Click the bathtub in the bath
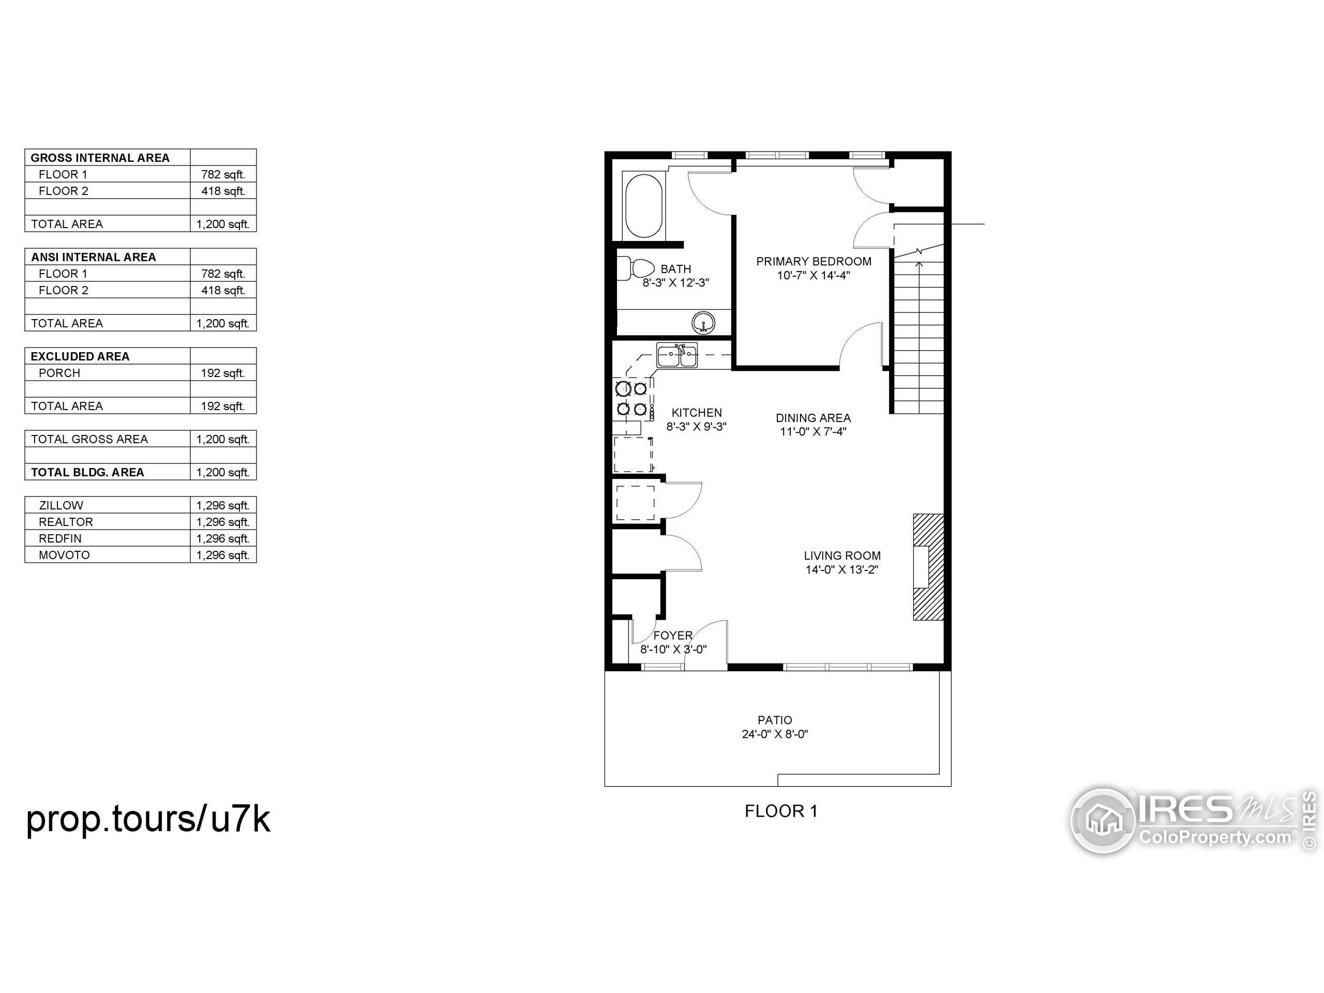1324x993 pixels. [643, 206]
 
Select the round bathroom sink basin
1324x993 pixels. [703, 323]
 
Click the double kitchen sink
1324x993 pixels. [677, 355]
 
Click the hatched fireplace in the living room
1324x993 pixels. [928, 567]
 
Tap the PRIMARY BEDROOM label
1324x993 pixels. [814, 262]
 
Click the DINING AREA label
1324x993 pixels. [813, 418]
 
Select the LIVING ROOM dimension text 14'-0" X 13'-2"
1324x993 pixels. [841, 570]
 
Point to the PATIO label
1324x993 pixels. [775, 720]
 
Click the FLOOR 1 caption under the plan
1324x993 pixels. [781, 811]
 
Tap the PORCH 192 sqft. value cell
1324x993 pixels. [223, 373]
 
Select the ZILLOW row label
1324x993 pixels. [61, 505]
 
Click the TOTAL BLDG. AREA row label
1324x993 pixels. [87, 472]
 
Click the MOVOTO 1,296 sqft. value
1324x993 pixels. [223, 555]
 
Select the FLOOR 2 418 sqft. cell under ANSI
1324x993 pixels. [223, 290]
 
